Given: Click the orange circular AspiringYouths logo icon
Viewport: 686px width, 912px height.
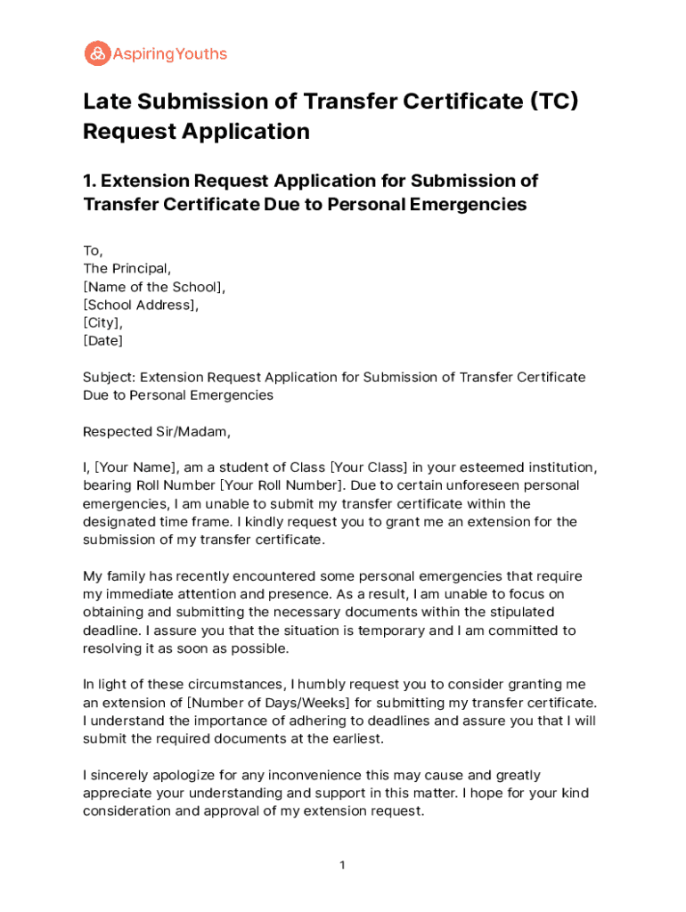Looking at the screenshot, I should (x=97, y=53).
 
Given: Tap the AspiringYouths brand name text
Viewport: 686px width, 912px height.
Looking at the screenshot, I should (x=170, y=54).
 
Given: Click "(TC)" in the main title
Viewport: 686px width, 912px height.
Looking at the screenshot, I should (x=554, y=101).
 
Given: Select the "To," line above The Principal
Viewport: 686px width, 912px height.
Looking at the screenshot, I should (x=93, y=250).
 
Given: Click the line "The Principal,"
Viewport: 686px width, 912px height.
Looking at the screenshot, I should (x=127, y=268).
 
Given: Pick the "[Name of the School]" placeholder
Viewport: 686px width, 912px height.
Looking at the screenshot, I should (x=153, y=287).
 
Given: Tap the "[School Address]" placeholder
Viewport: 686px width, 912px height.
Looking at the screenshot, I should (x=141, y=305).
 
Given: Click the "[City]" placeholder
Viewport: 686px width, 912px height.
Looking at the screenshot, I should (x=102, y=322).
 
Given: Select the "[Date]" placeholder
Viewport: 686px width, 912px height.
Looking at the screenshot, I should (x=103, y=340).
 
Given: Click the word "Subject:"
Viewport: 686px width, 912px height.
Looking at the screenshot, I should (x=109, y=377).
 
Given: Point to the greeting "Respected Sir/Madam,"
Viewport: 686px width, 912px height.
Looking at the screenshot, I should (x=157, y=432).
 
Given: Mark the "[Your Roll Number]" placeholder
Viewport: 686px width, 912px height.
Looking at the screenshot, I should (x=281, y=485).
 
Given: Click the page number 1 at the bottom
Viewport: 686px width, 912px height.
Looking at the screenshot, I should (x=342, y=866).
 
